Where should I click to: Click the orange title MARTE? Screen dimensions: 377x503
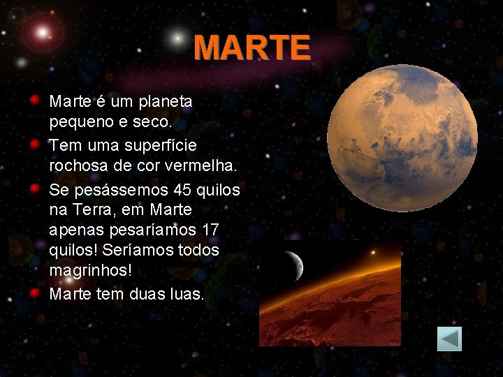pyautogui.click(x=251, y=47)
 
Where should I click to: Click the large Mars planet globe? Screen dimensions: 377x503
pyautogui.click(x=402, y=138)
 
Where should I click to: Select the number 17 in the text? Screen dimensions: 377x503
pyautogui.click(x=210, y=230)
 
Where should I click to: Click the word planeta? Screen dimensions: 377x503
pyautogui.click(x=165, y=101)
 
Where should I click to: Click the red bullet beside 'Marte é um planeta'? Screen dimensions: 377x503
pyautogui.click(x=34, y=99)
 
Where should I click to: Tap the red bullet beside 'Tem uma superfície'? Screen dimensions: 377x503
pyautogui.click(x=34, y=144)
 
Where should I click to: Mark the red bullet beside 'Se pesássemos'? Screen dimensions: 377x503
pyautogui.click(x=34, y=188)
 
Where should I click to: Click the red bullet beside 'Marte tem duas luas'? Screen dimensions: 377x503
pyautogui.click(x=34, y=292)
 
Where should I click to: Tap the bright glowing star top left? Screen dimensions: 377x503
pyautogui.click(x=43, y=32)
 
